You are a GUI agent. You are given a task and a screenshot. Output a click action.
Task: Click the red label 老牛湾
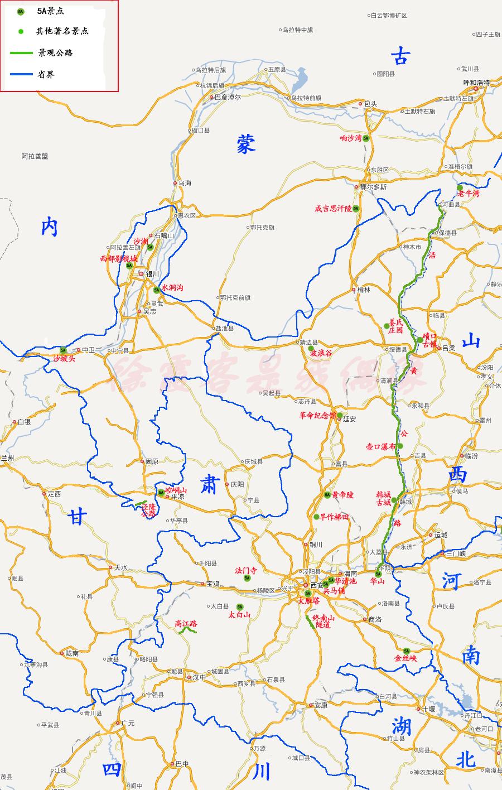[469, 194]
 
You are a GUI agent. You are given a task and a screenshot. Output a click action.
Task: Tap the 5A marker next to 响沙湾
[366, 138]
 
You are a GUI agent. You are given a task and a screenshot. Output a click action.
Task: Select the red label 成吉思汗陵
[333, 209]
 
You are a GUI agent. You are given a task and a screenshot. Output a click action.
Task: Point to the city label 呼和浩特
[476, 83]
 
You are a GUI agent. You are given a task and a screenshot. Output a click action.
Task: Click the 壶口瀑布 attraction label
[380, 447]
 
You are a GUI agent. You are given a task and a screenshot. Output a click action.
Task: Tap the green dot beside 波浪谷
[311, 348]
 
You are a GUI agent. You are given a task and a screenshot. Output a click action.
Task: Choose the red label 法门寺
[246, 571]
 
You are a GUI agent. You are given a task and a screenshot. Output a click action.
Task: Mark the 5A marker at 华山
[378, 574]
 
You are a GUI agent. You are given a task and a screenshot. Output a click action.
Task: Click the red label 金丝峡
[406, 658]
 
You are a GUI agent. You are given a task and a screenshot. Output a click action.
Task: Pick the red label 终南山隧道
[324, 622]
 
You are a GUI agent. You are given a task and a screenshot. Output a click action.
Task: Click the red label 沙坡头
[64, 359]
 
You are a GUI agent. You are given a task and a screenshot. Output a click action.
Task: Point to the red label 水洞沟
[172, 288]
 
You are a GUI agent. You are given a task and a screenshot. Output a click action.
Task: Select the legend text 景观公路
[55, 53]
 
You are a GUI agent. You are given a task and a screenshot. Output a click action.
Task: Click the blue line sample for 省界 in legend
[21, 74]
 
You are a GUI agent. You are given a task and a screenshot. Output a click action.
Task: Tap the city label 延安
[350, 418]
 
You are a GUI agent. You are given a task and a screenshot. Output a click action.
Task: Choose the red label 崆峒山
[176, 490]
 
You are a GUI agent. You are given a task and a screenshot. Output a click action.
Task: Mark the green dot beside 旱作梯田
[316, 517]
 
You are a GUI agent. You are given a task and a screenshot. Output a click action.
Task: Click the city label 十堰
[428, 709]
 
